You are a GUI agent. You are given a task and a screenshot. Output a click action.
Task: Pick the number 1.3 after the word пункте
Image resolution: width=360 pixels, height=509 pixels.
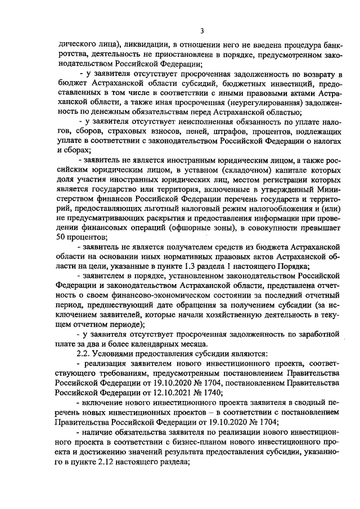click(x=186, y=282)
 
